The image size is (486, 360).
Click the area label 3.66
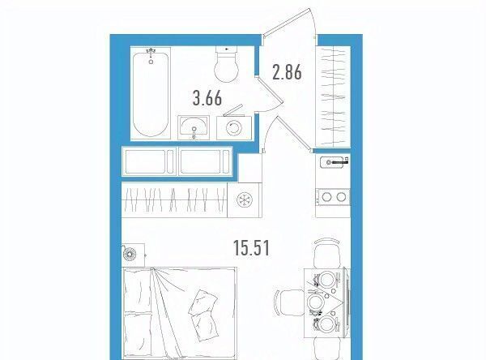click(x=207, y=98)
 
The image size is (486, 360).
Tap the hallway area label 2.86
click(x=287, y=72)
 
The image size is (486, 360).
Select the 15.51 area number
click(x=251, y=248)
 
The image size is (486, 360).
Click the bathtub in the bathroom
click(x=151, y=93)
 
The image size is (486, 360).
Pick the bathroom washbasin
click(x=194, y=127)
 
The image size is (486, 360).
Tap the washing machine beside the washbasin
click(x=234, y=127)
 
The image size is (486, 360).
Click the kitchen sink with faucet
click(x=334, y=162)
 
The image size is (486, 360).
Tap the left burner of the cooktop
click(x=326, y=197)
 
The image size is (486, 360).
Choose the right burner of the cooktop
click(x=341, y=197)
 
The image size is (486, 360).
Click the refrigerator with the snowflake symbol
click(x=245, y=199)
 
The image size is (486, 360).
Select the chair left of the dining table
click(x=289, y=302)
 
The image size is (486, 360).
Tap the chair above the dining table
click(x=326, y=253)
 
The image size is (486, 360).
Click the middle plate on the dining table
click(x=315, y=302)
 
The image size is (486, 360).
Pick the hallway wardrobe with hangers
click(x=333, y=96)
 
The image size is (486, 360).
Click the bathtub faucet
click(x=151, y=55)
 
